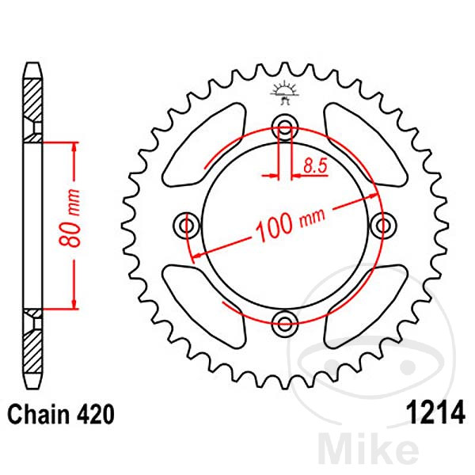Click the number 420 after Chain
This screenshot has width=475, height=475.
pyautogui.click(x=94, y=414)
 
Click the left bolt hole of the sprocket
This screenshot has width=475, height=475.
pyautogui.click(x=188, y=225)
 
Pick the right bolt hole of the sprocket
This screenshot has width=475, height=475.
pyautogui.click(x=385, y=226)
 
